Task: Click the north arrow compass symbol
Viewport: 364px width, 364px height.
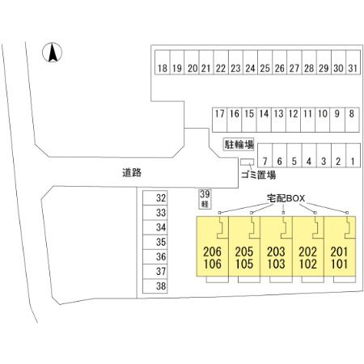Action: tap(52, 53)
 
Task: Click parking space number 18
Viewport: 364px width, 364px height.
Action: tap(163, 62)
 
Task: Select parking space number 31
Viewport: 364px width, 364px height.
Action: tap(353, 62)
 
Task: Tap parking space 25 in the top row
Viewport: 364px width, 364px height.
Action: tap(265, 62)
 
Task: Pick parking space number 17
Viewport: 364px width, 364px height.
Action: tap(220, 120)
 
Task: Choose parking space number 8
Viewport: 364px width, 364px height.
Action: tap(352, 120)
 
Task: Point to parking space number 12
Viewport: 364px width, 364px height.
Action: tap(293, 120)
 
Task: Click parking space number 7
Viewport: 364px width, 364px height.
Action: tap(265, 155)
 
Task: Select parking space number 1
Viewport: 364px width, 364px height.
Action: tap(353, 155)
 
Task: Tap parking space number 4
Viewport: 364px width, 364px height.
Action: tap(309, 155)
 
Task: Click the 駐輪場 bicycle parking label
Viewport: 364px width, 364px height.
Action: tap(239, 145)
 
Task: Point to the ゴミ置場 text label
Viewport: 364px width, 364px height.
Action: tap(258, 176)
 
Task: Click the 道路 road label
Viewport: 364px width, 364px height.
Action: tap(132, 172)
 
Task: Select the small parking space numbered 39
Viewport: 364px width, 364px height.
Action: tap(205, 199)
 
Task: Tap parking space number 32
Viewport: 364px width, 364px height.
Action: tap(155, 198)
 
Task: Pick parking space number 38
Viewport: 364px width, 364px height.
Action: tap(155, 286)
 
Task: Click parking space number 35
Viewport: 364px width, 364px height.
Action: tap(155, 242)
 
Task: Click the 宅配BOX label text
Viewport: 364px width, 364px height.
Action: tap(286, 198)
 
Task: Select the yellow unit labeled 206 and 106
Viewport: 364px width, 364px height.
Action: tap(213, 246)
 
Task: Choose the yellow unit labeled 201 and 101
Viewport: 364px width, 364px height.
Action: tap(340, 246)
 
